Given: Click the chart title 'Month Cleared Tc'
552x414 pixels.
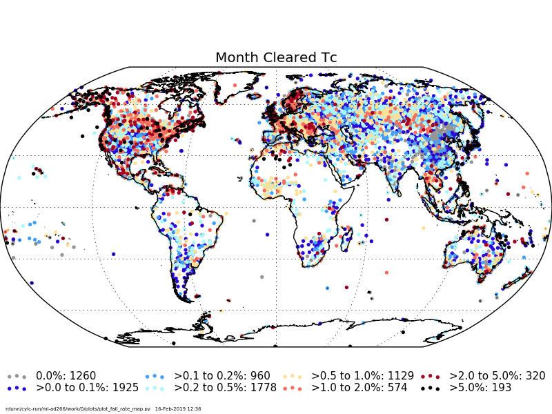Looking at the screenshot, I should point(276,58).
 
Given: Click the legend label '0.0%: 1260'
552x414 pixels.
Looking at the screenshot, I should point(66,376).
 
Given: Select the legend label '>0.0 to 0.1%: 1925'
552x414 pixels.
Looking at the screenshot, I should point(87,388).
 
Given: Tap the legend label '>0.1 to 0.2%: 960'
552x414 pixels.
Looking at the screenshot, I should point(221,376).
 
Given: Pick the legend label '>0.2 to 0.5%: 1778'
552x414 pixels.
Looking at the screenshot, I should point(225,388).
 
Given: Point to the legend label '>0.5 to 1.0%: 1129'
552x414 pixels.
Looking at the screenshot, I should point(362,376).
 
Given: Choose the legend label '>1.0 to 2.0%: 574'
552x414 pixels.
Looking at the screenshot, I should point(359,388).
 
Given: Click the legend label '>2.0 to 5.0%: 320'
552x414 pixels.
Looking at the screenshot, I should point(497,376).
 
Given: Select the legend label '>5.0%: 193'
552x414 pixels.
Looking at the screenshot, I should point(480,388).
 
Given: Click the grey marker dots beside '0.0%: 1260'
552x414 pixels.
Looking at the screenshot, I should point(17,376).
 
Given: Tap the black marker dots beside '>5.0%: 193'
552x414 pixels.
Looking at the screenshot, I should point(430,388).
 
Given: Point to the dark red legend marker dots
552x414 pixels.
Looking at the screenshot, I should point(430,376).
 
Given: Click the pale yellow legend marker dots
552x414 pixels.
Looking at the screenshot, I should point(292,376).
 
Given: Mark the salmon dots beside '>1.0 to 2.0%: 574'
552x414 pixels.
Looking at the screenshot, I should point(292,388).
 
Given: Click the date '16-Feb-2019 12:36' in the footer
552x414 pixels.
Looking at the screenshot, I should point(178,409).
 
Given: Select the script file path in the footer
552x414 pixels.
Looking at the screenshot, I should point(78,409).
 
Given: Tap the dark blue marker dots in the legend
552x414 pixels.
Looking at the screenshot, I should point(17,388).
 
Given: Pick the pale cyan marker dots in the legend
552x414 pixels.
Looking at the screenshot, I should point(154,388).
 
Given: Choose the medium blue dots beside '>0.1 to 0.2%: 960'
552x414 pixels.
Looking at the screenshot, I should point(154,376).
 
